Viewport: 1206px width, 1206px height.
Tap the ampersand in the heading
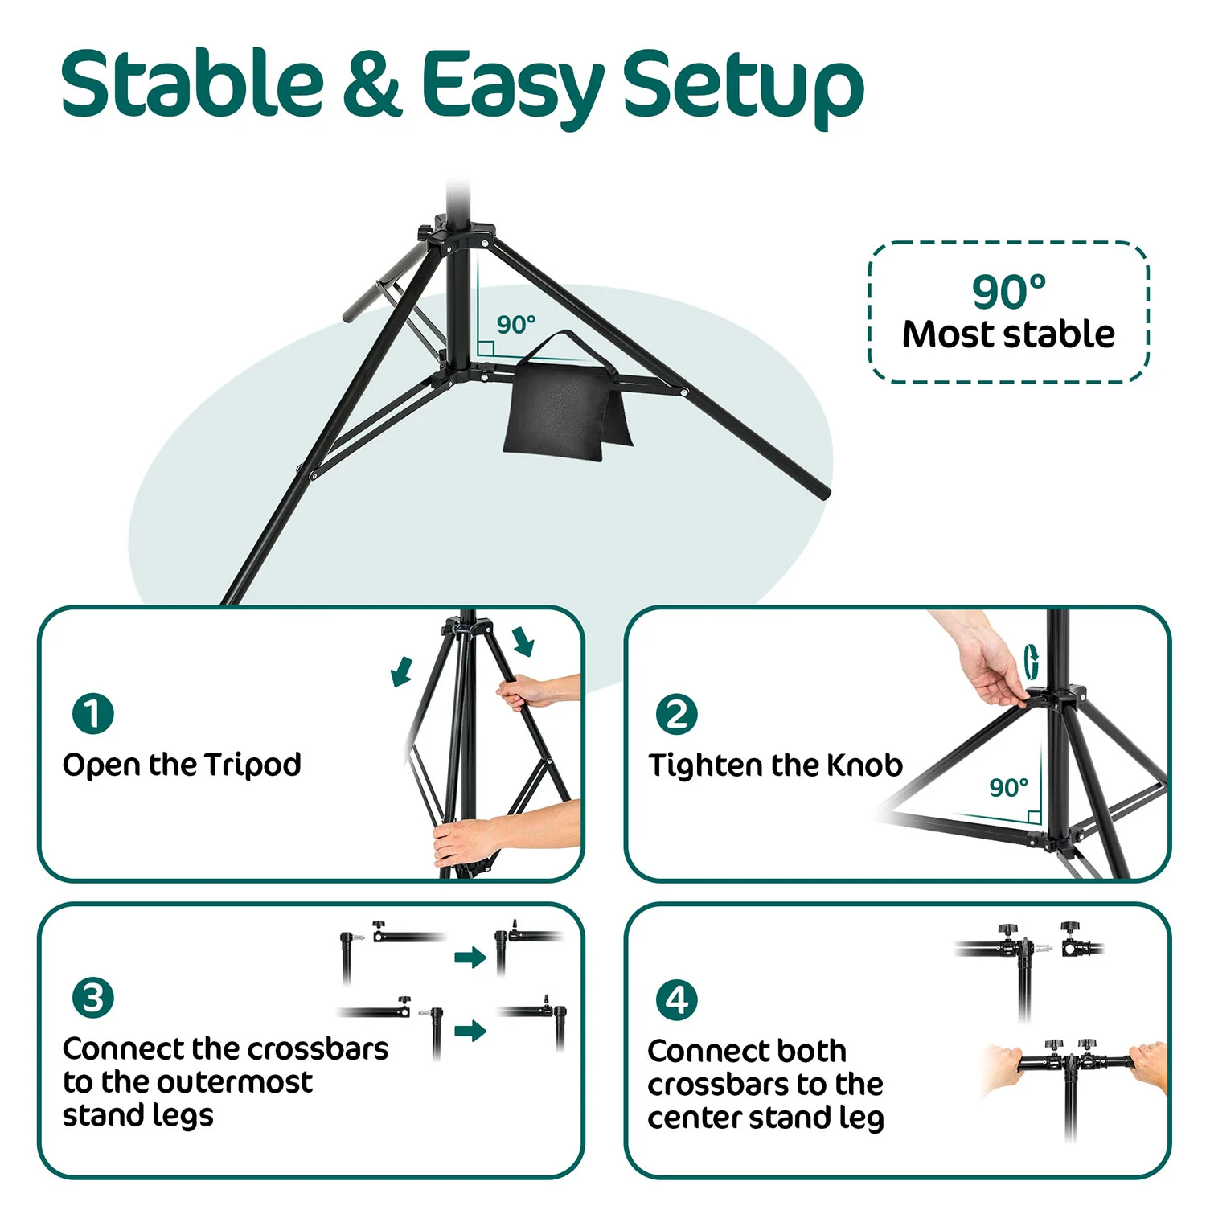[372, 83]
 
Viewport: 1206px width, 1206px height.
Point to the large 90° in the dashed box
[1009, 291]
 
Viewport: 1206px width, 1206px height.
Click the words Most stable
[1008, 334]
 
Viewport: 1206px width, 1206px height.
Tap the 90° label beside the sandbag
[515, 325]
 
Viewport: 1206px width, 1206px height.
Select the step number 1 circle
[93, 714]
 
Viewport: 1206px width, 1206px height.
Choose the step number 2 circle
[677, 714]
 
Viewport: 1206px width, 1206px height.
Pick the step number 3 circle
[93, 998]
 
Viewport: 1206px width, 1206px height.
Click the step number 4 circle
[677, 999]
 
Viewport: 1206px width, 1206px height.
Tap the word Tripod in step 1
[252, 765]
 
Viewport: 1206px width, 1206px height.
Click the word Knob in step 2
[865, 765]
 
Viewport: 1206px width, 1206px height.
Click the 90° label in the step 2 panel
[1009, 788]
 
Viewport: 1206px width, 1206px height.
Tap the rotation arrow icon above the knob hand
[1032, 662]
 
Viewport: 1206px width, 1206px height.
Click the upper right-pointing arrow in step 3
[470, 957]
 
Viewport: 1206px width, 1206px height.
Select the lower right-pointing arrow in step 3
[470, 1031]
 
